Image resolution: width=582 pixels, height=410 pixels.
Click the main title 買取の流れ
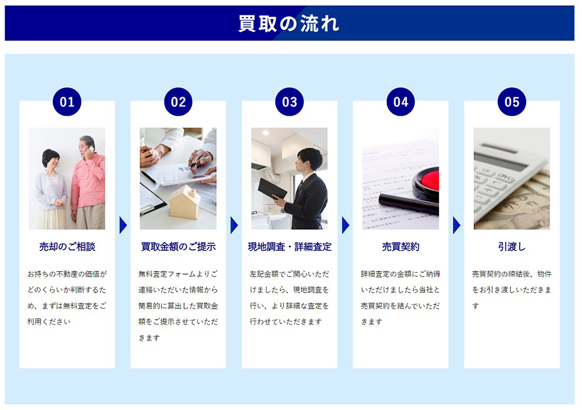[x=289, y=23]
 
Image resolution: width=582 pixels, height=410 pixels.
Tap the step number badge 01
[x=67, y=102]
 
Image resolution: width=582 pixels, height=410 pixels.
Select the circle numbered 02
[x=178, y=102]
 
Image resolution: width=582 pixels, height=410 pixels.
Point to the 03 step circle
[x=290, y=102]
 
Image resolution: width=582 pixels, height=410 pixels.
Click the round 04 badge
[x=400, y=102]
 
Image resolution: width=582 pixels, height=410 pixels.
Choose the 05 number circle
[x=512, y=102]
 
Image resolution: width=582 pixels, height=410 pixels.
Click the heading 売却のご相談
[x=67, y=247]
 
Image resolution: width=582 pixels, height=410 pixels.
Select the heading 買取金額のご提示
[x=178, y=247]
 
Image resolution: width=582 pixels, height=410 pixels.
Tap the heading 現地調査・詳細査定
[x=290, y=247]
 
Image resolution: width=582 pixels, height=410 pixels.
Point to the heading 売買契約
[x=400, y=247]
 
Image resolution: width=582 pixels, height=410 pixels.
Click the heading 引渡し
[x=512, y=247]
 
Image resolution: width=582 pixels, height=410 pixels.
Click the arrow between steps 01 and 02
[x=123, y=225]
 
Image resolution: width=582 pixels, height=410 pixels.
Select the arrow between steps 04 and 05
[x=457, y=225]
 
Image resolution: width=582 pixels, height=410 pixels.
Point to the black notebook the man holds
[x=272, y=189]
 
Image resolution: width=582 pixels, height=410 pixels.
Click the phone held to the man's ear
[x=90, y=150]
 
